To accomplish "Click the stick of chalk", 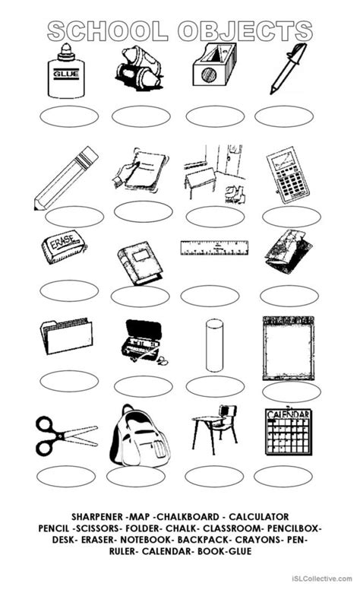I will [214, 344].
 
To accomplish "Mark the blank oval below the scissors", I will [66, 476].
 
